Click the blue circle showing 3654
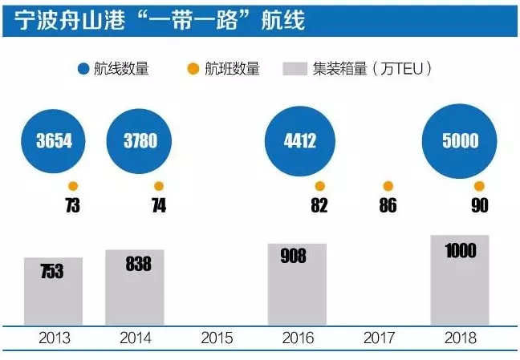[55, 141]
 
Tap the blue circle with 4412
[299, 141]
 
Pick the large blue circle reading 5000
[460, 141]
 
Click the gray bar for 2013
[54, 292]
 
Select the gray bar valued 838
[135, 288]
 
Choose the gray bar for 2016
[298, 285]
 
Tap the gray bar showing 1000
[460, 281]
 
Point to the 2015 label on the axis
[217, 338]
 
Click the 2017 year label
[379, 338]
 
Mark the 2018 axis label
[460, 338]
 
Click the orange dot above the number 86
[388, 186]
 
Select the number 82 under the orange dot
[319, 205]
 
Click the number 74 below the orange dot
[158, 205]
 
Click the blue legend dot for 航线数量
[83, 69]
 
